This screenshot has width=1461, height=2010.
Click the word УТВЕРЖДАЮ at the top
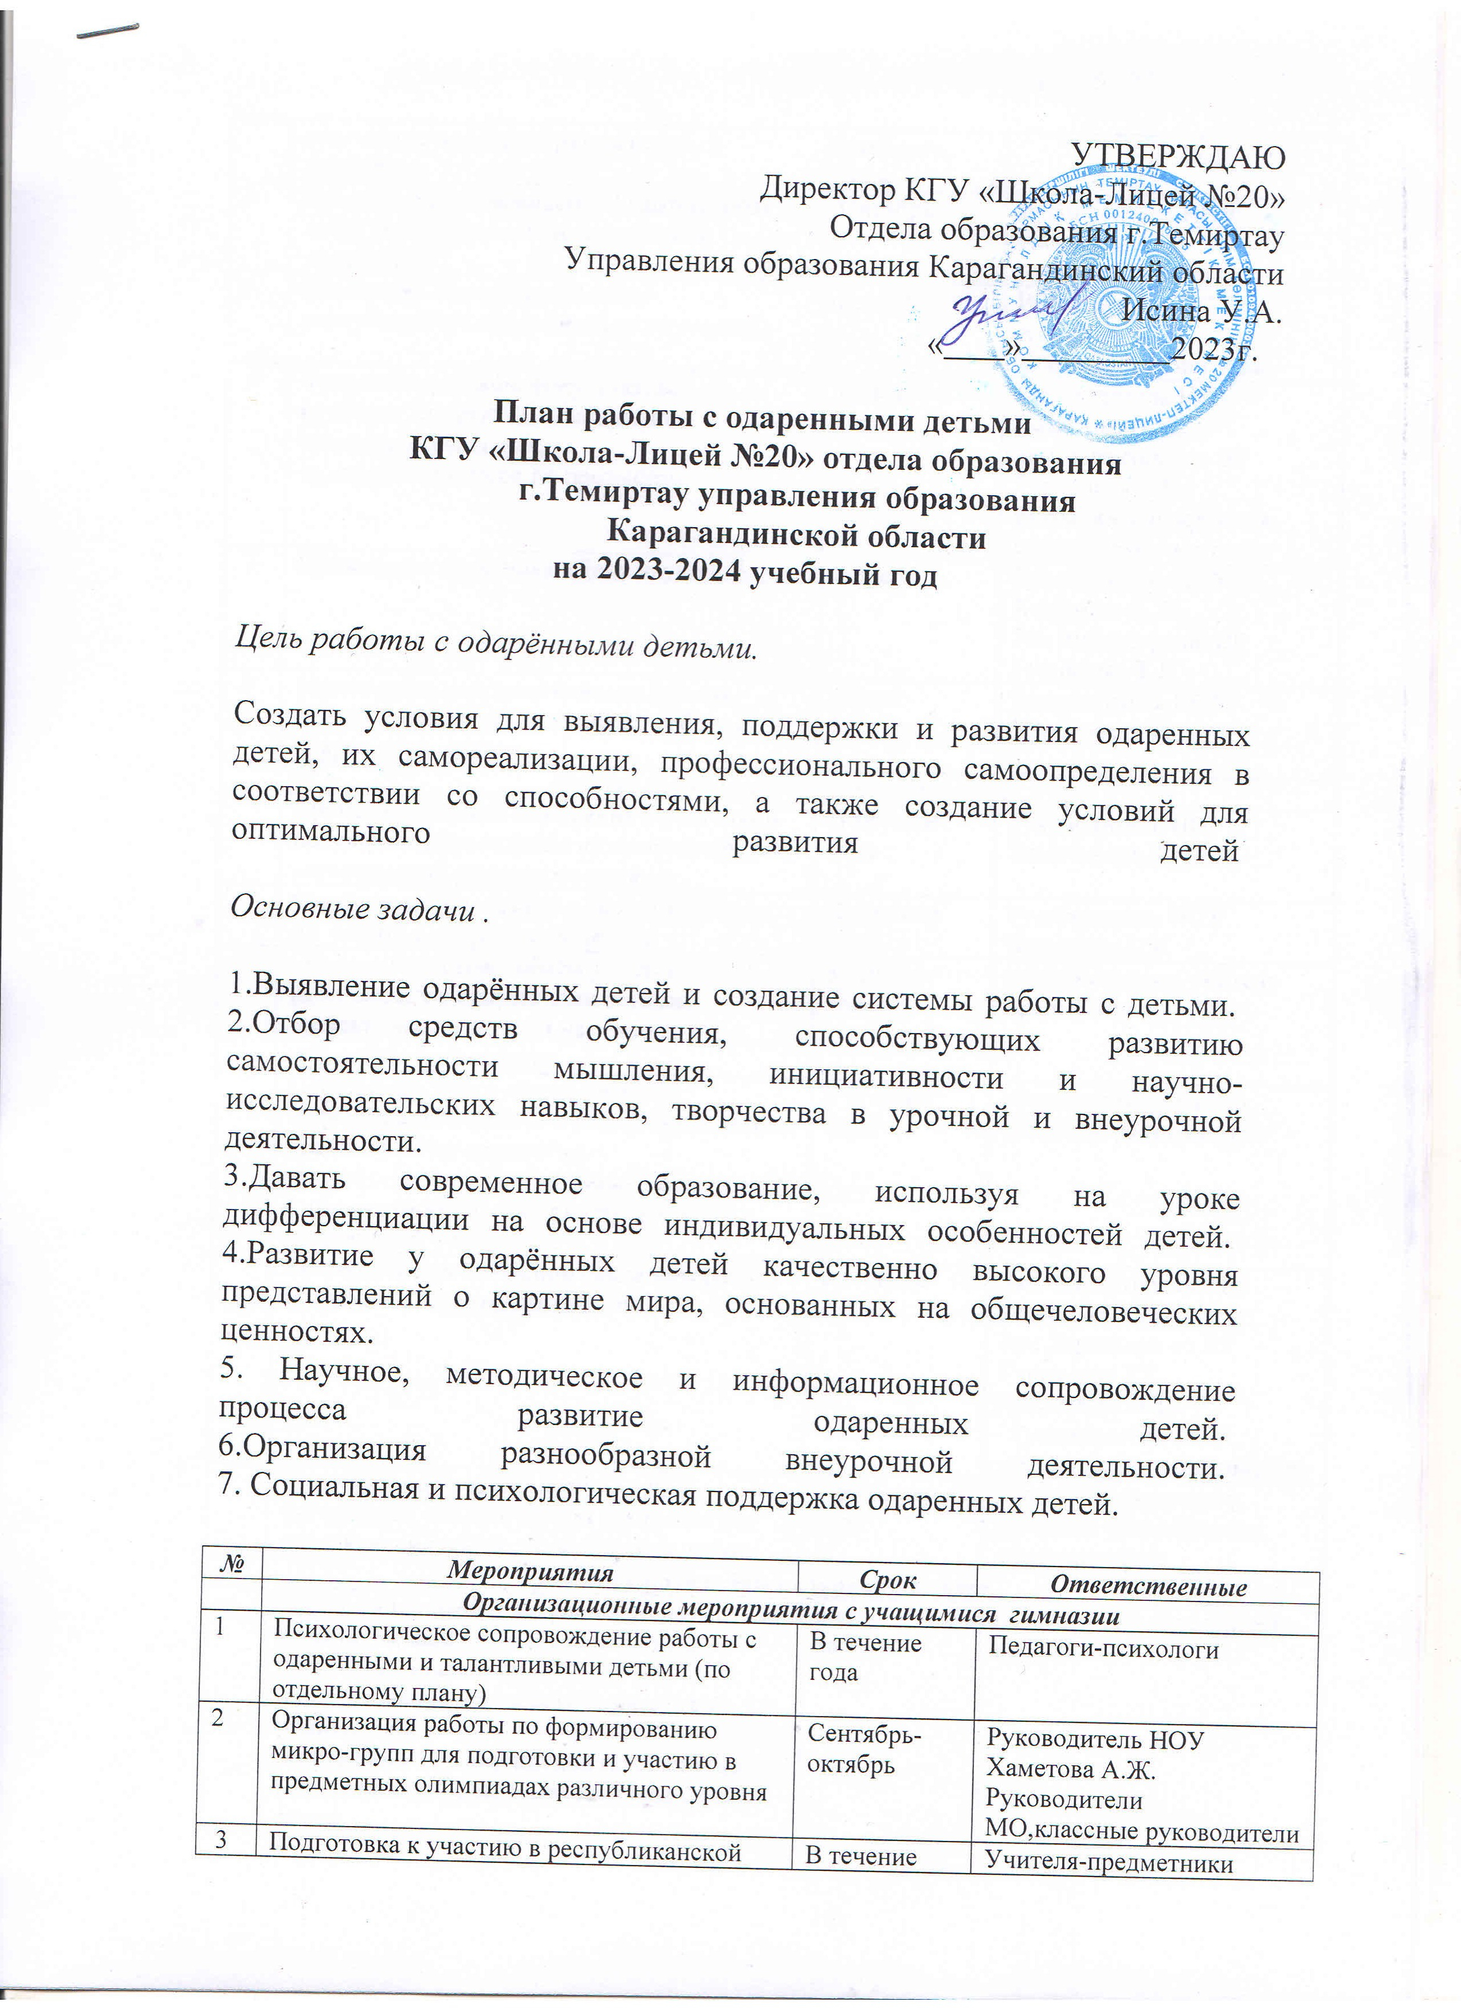coord(1179,154)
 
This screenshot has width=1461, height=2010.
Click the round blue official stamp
coord(1125,292)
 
